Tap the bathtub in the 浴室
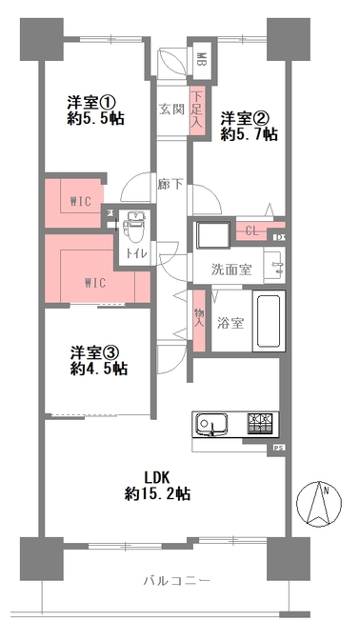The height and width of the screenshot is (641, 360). point(268,320)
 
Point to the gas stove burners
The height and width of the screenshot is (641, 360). point(260,424)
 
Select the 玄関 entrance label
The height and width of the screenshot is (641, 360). point(171,110)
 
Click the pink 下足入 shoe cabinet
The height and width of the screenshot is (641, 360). point(196,110)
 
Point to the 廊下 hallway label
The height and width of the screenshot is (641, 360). point(170,185)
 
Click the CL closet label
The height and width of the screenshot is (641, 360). point(252,231)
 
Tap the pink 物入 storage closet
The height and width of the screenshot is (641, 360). point(199,320)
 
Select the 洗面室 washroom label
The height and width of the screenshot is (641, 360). point(230,270)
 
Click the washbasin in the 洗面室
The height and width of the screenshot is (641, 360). point(274,266)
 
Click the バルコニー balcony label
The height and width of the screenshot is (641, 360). point(177,581)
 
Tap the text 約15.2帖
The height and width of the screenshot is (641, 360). point(157,494)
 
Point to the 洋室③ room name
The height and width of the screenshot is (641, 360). point(94,352)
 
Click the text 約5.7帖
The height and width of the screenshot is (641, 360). point(250,134)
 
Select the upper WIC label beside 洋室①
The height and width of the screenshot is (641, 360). point(80,201)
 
